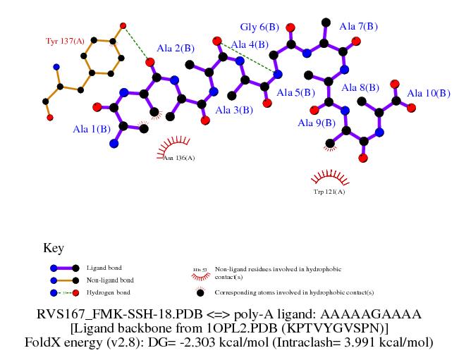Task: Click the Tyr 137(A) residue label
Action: (65, 42)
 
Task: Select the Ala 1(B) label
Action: (92, 129)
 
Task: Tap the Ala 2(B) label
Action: (176, 49)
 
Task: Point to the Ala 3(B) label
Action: (234, 110)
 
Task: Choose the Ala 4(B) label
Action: (250, 45)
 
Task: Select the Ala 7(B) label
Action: (359, 27)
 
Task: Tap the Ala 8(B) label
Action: (360, 88)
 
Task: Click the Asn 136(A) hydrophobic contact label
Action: (179, 158)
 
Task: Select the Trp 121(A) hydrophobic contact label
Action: (329, 191)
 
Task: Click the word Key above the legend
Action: (54, 248)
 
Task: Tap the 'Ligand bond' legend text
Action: (102, 268)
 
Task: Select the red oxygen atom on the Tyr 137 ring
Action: (123, 26)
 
